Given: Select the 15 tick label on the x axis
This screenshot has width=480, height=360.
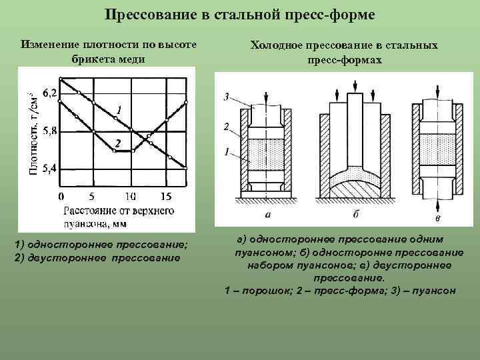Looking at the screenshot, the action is click(166, 197).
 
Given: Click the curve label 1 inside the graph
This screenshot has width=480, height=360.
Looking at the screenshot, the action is click(118, 109).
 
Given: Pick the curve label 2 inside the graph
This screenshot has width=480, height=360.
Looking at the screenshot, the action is click(117, 143).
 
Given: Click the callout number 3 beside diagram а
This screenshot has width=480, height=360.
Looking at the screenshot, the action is click(227, 97).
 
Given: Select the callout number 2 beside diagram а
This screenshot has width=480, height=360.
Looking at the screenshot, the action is click(227, 126).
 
